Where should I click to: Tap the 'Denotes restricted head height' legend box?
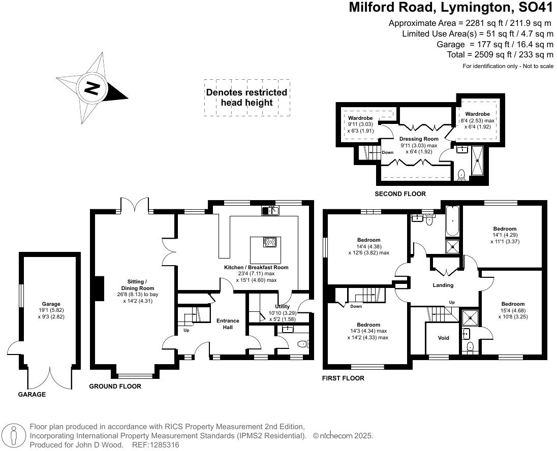[x=247, y=98]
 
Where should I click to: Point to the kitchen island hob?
[x=270, y=242]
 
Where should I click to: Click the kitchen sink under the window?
[x=271, y=210]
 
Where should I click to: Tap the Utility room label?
[x=282, y=306]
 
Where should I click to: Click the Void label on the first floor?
[x=443, y=338]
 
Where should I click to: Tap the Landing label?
[x=443, y=285]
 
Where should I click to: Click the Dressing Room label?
[x=418, y=139]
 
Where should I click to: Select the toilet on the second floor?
[x=461, y=174]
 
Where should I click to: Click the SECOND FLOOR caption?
[x=400, y=194]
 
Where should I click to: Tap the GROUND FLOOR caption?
[x=115, y=386]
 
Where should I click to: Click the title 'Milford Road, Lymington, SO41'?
[x=451, y=8]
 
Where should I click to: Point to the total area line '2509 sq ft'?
[x=500, y=55]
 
